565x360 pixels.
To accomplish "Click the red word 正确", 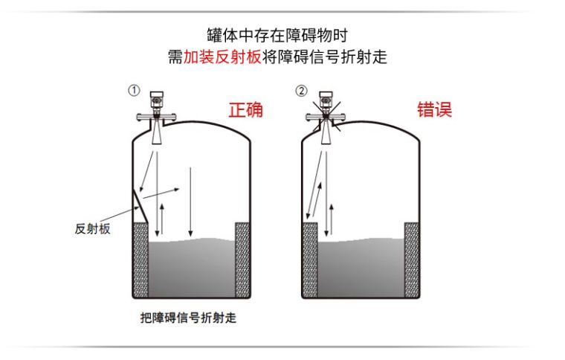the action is pos(246,109).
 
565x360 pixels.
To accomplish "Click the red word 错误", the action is pos(434,109).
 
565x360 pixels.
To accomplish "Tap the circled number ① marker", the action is pos(134,90).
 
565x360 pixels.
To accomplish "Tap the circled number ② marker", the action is pos(302,91).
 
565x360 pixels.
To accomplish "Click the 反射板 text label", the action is pos(92,229).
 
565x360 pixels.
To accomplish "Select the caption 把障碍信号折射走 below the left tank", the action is pos(188,318).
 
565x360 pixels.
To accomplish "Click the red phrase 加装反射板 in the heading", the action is pos(222,57).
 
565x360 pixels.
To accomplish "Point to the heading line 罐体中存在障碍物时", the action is pos(277,35).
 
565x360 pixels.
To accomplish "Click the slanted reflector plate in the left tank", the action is pos(141,206).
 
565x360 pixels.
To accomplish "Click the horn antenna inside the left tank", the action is pos(157,132).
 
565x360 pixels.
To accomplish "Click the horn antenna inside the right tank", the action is pos(326,132).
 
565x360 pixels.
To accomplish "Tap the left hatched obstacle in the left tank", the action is pos(141,260).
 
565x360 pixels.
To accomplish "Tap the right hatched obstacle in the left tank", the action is pos(242,260).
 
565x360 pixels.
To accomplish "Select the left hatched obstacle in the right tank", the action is pos(310,260).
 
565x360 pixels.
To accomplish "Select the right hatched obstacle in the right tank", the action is pos(412,260).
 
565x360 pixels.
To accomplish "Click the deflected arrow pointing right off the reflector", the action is pos(161,193).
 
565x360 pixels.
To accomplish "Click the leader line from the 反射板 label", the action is pos(120,214).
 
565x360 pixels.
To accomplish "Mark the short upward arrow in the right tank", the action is pos(332,219).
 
